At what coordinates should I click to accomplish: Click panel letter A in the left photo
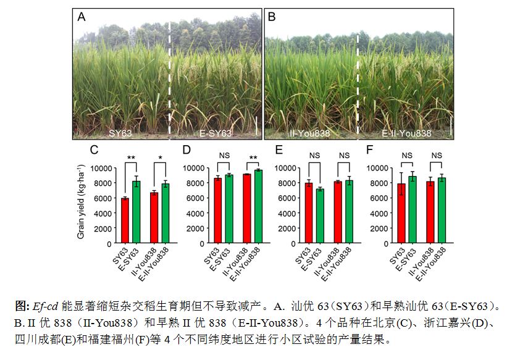(x=82, y=17)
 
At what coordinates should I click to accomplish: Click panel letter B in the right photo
(x=271, y=17)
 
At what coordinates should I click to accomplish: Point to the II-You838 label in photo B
(x=309, y=133)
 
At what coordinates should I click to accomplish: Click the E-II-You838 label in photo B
(x=406, y=133)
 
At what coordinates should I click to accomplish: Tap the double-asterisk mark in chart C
(x=131, y=159)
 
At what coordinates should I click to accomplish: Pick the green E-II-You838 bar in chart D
(x=258, y=206)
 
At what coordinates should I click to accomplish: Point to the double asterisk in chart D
(x=253, y=159)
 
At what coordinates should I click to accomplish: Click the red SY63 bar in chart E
(x=309, y=213)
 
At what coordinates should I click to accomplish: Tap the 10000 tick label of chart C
(x=100, y=168)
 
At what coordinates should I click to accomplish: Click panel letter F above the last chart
(x=369, y=150)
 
